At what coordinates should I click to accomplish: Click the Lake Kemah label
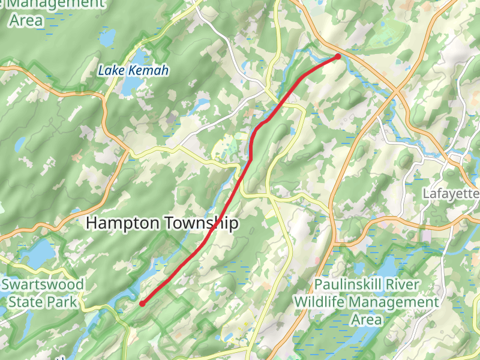tap(133, 71)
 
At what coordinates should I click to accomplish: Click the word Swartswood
tap(43, 283)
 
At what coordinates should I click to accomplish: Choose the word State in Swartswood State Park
tap(27, 301)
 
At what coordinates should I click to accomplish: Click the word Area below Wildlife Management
tap(366, 319)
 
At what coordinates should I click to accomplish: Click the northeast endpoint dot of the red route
tap(338, 56)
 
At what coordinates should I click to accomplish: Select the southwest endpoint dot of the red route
tap(142, 304)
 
